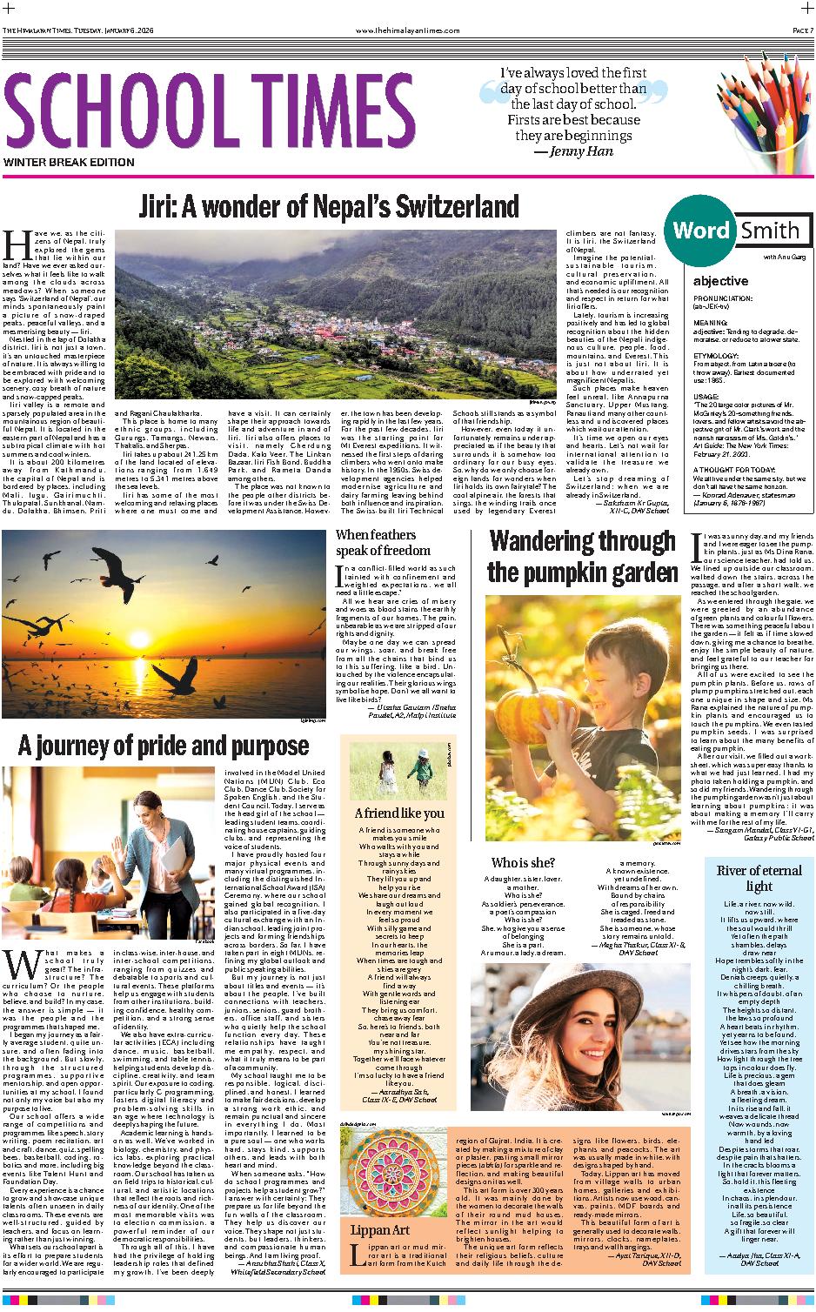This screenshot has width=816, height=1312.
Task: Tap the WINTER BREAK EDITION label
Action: click(69, 163)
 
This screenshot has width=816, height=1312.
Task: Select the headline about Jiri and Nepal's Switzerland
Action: click(329, 207)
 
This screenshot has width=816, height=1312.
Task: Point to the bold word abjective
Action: click(720, 281)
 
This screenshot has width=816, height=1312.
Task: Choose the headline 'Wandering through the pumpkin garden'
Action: click(582, 558)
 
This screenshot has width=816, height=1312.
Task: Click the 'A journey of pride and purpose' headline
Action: click(164, 746)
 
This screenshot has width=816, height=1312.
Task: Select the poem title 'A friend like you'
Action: click(399, 813)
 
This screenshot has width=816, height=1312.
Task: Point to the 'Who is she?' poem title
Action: click(523, 862)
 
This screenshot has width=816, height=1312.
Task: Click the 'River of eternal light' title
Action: click(746, 879)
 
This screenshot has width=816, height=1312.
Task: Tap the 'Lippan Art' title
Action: click(379, 1230)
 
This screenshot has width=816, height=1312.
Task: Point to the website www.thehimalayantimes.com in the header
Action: click(408, 6)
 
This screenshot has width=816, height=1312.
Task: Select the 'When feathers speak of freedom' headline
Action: click(383, 542)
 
